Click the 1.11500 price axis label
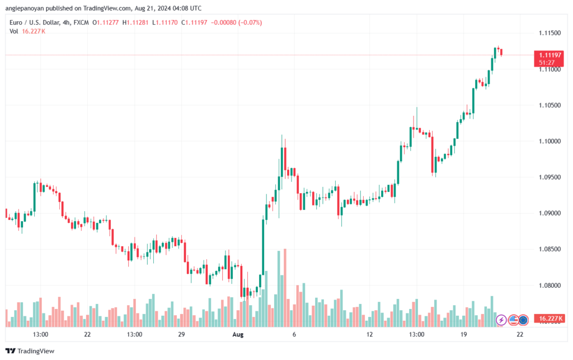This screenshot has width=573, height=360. pyautogui.click(x=551, y=34)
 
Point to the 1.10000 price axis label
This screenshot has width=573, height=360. pyautogui.click(x=551, y=141)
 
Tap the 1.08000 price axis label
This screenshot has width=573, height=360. pyautogui.click(x=551, y=286)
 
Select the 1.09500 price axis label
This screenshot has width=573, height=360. pyautogui.click(x=551, y=177)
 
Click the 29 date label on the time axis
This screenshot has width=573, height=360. pyautogui.click(x=181, y=334)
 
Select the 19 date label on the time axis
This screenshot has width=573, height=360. pyautogui.click(x=463, y=334)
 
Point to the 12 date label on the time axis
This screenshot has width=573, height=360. pyautogui.click(x=369, y=334)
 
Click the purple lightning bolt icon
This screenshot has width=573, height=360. pyautogui.click(x=501, y=320)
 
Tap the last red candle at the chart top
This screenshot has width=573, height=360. pyautogui.click(x=502, y=52)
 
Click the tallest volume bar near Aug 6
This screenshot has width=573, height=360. pyautogui.click(x=285, y=288)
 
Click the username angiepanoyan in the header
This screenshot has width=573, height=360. pyautogui.click(x=31, y=8)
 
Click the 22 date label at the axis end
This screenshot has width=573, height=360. pyautogui.click(x=520, y=334)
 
